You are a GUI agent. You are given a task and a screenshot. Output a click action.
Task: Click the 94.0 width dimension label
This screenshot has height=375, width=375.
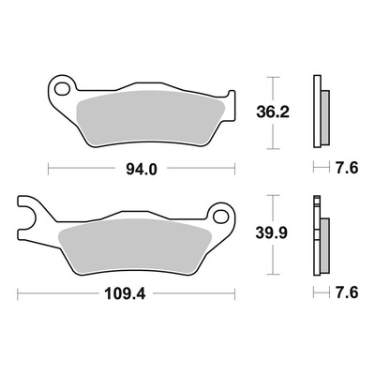[142, 169]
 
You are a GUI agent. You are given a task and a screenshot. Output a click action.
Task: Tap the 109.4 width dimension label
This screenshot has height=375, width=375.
[125, 293]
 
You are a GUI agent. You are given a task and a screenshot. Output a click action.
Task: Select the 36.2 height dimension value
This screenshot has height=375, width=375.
[273, 112]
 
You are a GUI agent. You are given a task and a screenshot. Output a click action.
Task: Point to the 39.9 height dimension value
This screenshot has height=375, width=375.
[271, 233]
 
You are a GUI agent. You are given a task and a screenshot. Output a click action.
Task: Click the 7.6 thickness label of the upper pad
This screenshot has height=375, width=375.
[347, 168]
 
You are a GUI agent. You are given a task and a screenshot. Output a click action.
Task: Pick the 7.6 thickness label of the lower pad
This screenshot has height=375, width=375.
[347, 292]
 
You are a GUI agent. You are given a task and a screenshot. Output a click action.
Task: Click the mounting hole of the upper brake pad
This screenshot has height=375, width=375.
[62, 89]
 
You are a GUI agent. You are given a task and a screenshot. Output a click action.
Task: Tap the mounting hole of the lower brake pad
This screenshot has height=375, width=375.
[221, 217]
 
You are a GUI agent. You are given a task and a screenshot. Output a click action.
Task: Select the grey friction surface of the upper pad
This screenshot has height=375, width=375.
[151, 118]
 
